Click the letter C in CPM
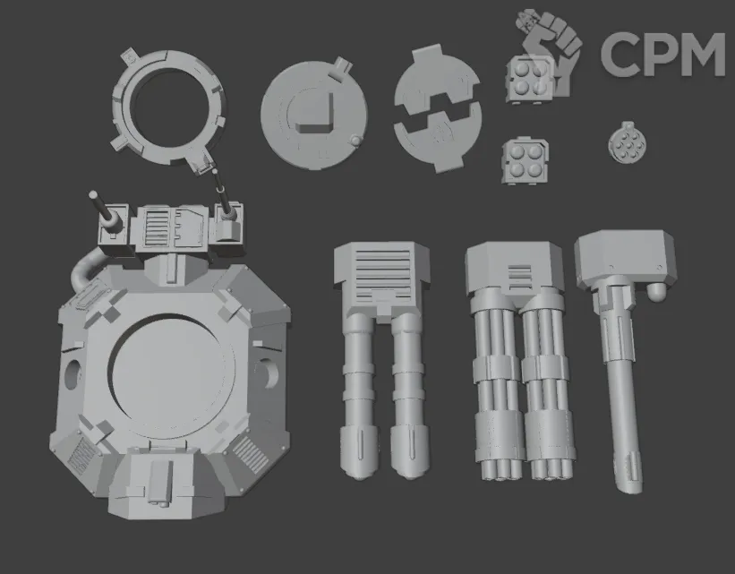click(619, 54)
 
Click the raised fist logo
click(549, 52)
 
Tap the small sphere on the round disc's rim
click(356, 141)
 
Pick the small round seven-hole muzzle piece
click(628, 143)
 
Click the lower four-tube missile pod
click(525, 160)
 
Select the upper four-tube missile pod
click(530, 79)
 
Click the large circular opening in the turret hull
click(172, 371)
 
